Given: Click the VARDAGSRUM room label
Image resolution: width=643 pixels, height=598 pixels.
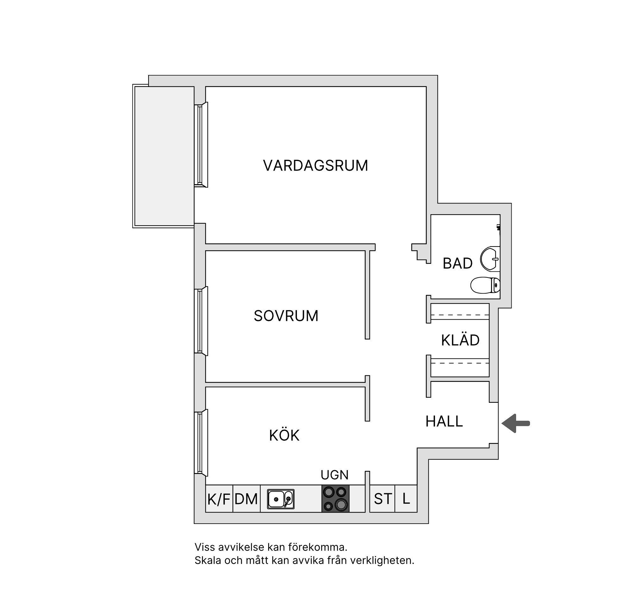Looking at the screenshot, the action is pyautogui.click(x=315, y=165).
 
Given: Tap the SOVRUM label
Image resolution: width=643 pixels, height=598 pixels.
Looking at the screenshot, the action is pyautogui.click(x=286, y=316).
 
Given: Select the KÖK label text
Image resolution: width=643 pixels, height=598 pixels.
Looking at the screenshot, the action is pyautogui.click(x=284, y=435).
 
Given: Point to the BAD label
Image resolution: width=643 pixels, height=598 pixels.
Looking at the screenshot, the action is pyautogui.click(x=457, y=263).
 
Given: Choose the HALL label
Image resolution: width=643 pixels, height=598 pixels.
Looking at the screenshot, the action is pyautogui.click(x=444, y=421).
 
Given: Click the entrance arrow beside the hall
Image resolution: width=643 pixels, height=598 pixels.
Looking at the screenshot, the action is pyautogui.click(x=515, y=423).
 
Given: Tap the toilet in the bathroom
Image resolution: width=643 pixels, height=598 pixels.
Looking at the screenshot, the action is pyautogui.click(x=485, y=285).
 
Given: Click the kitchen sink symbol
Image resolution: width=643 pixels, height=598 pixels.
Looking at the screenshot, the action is pyautogui.click(x=281, y=499).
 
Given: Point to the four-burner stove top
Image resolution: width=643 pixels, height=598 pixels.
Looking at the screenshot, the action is pyautogui.click(x=335, y=498).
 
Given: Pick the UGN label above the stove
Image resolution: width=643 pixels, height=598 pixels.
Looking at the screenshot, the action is pyautogui.click(x=334, y=475).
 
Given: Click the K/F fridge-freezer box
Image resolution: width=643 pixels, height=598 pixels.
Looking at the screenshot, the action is pyautogui.click(x=219, y=498).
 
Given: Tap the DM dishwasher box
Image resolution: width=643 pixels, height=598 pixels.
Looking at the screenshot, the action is pyautogui.click(x=246, y=498).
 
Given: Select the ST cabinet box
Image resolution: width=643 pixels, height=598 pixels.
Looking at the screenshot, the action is pyautogui.click(x=382, y=498).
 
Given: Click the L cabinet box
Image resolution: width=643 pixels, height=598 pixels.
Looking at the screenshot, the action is pyautogui.click(x=406, y=498).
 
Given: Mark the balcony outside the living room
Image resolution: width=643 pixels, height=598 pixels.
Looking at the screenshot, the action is pyautogui.click(x=163, y=156).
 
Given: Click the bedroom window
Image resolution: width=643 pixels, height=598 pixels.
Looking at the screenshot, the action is pyautogui.click(x=201, y=321).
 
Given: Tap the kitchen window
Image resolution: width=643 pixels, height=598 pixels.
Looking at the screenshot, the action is pyautogui.click(x=201, y=443).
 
